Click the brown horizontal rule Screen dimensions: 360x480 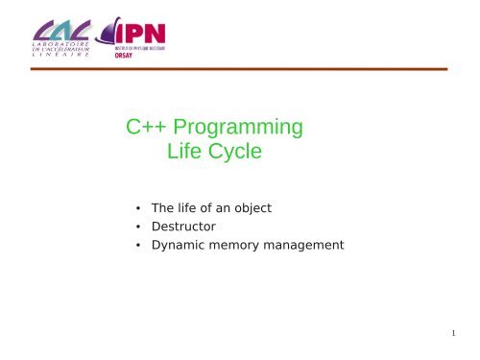(x=240, y=69)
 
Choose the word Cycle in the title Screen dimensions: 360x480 (x=235, y=153)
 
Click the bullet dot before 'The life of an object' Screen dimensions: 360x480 (x=139, y=207)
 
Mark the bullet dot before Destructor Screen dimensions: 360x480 (x=139, y=227)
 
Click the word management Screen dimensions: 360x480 (x=306, y=245)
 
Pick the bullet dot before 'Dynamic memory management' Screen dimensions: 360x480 (x=139, y=246)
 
